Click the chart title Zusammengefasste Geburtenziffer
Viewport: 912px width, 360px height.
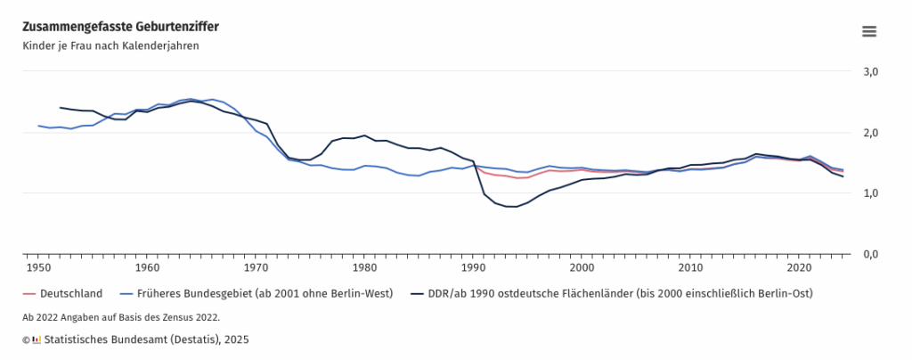(120, 27)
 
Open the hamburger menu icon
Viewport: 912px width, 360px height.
(869, 31)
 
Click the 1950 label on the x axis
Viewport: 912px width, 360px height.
(38, 266)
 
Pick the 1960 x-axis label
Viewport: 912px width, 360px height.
(147, 266)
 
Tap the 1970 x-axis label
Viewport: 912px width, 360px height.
(256, 266)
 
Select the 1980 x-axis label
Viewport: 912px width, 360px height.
(364, 266)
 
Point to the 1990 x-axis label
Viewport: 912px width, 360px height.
(473, 266)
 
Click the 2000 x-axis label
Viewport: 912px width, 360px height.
(582, 266)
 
